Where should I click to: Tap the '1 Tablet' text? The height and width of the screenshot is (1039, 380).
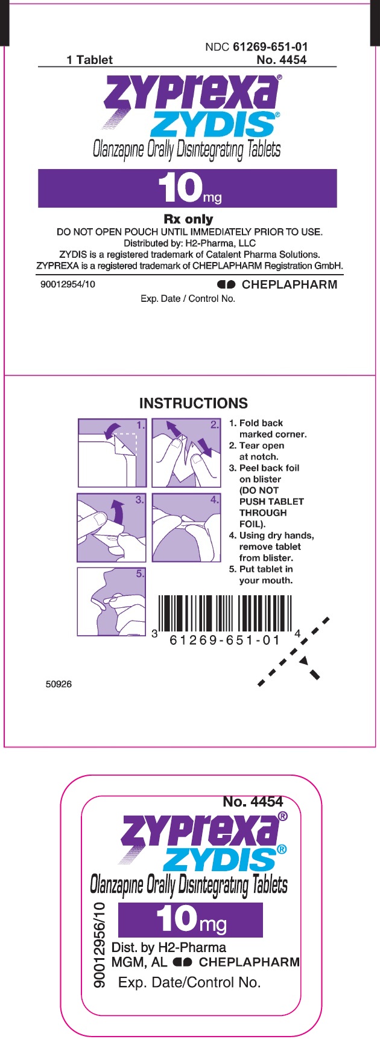click(89, 60)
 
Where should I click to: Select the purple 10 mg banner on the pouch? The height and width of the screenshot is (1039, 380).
click(187, 188)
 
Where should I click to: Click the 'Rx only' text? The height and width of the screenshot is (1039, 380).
click(188, 219)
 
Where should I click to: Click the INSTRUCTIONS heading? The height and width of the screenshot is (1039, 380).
click(194, 403)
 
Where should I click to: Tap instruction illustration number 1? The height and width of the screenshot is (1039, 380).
click(112, 453)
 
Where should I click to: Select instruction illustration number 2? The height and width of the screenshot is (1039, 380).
click(186, 453)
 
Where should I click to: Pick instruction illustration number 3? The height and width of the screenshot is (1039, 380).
click(112, 528)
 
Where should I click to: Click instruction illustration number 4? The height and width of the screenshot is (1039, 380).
click(186, 528)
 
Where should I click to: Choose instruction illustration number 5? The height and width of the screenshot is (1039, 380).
click(112, 601)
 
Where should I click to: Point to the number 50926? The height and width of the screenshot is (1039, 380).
click(59, 684)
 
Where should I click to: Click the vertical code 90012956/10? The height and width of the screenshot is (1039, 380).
click(100, 945)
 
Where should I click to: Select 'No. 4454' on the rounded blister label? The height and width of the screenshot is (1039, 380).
click(253, 802)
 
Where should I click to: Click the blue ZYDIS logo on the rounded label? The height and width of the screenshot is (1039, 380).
click(221, 858)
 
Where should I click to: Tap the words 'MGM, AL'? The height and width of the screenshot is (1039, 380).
click(139, 962)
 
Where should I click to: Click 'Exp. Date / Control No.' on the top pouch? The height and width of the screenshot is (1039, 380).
click(188, 299)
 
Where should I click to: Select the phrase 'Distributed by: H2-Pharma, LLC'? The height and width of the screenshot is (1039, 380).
click(189, 243)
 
